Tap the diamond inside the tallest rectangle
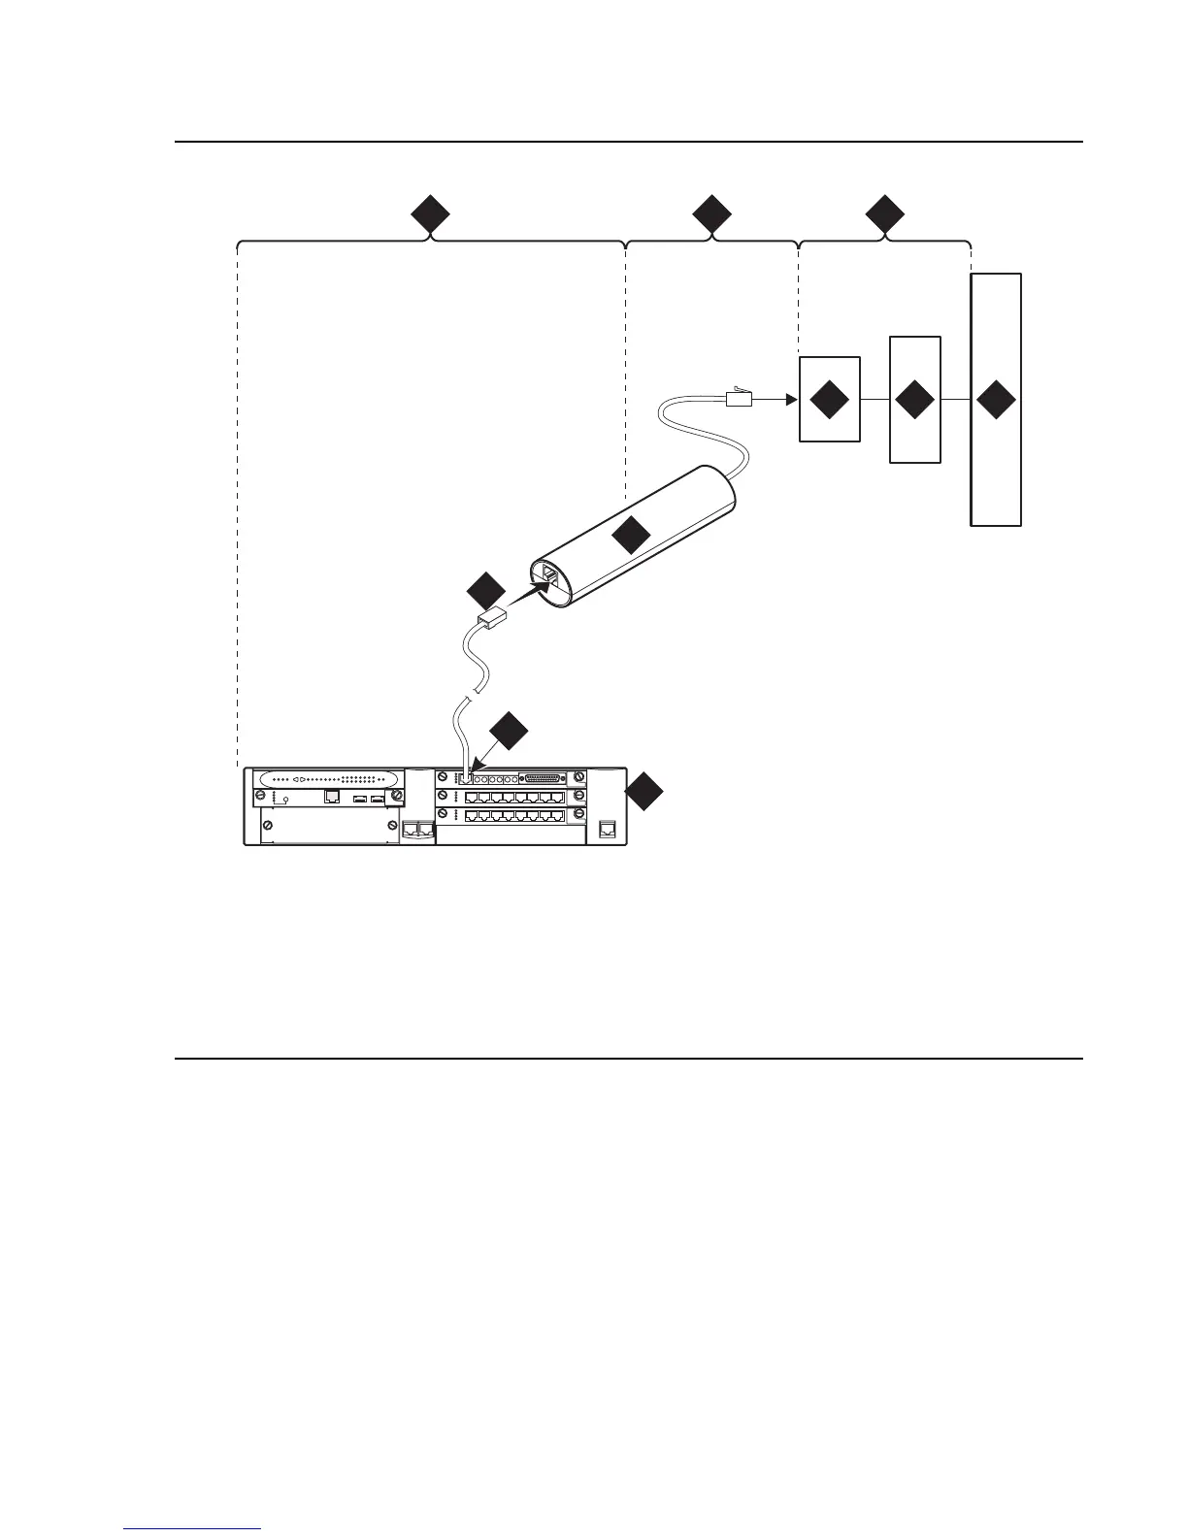[997, 401]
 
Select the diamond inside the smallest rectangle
[829, 401]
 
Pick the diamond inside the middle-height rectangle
[915, 401]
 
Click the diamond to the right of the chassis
[645, 793]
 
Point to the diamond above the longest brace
[430, 214]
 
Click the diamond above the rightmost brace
[884, 214]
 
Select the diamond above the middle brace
[711, 214]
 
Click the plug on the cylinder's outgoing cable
[741, 396]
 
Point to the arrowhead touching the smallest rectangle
[790, 398]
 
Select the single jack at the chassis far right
[608, 829]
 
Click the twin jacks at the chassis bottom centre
[416, 830]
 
